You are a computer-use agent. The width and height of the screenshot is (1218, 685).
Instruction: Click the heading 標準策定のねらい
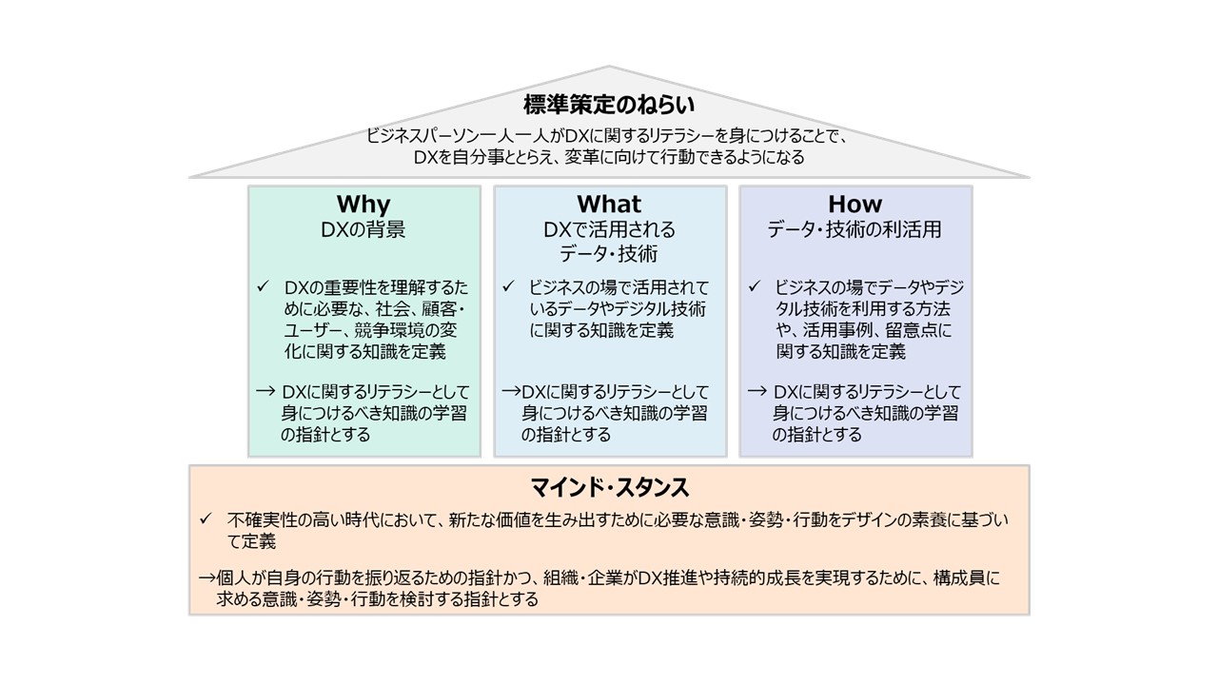pyautogui.click(x=609, y=105)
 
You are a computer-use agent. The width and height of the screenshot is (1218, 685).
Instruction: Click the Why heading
pyautogui.click(x=363, y=205)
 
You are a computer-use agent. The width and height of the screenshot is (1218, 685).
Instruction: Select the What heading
pyautogui.click(x=609, y=205)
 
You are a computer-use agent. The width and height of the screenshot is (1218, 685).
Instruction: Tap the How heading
pyautogui.click(x=855, y=205)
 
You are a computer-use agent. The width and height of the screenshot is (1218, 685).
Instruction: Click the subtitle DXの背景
pyautogui.click(x=363, y=229)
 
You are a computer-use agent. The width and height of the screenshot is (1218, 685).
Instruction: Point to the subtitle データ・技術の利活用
pyautogui.click(x=855, y=229)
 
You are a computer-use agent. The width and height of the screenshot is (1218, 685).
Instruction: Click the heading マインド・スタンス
pyautogui.click(x=609, y=489)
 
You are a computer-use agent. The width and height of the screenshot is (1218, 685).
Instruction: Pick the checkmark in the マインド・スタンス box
pyautogui.click(x=206, y=520)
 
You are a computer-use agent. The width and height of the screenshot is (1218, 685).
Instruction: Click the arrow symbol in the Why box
pyautogui.click(x=265, y=391)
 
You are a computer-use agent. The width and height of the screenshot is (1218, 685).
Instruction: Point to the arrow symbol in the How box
pyautogui.click(x=756, y=391)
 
